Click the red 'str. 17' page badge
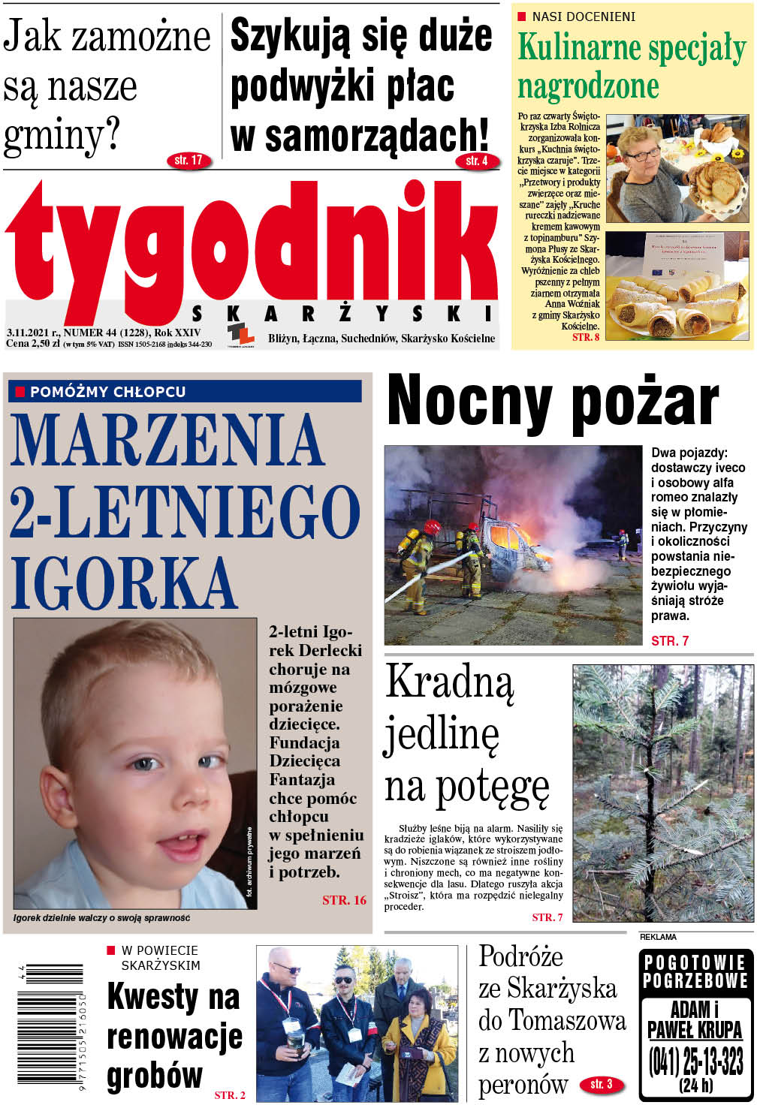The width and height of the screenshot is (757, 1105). [x=188, y=160]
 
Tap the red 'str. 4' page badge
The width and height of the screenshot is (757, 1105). [x=477, y=161]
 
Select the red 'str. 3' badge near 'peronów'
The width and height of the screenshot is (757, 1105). [x=602, y=1084]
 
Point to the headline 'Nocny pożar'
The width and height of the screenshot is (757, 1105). [x=553, y=401]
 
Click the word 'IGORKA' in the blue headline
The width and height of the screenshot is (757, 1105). [x=124, y=583]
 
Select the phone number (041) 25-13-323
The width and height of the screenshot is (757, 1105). [x=695, y=1061]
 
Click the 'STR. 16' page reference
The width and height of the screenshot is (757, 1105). [x=344, y=900]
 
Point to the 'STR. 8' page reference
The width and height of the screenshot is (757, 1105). [x=586, y=337]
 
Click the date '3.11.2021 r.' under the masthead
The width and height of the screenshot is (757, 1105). [x=32, y=332]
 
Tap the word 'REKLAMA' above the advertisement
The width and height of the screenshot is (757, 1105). [x=658, y=937]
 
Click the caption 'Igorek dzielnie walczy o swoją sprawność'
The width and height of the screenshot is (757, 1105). [x=101, y=918]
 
